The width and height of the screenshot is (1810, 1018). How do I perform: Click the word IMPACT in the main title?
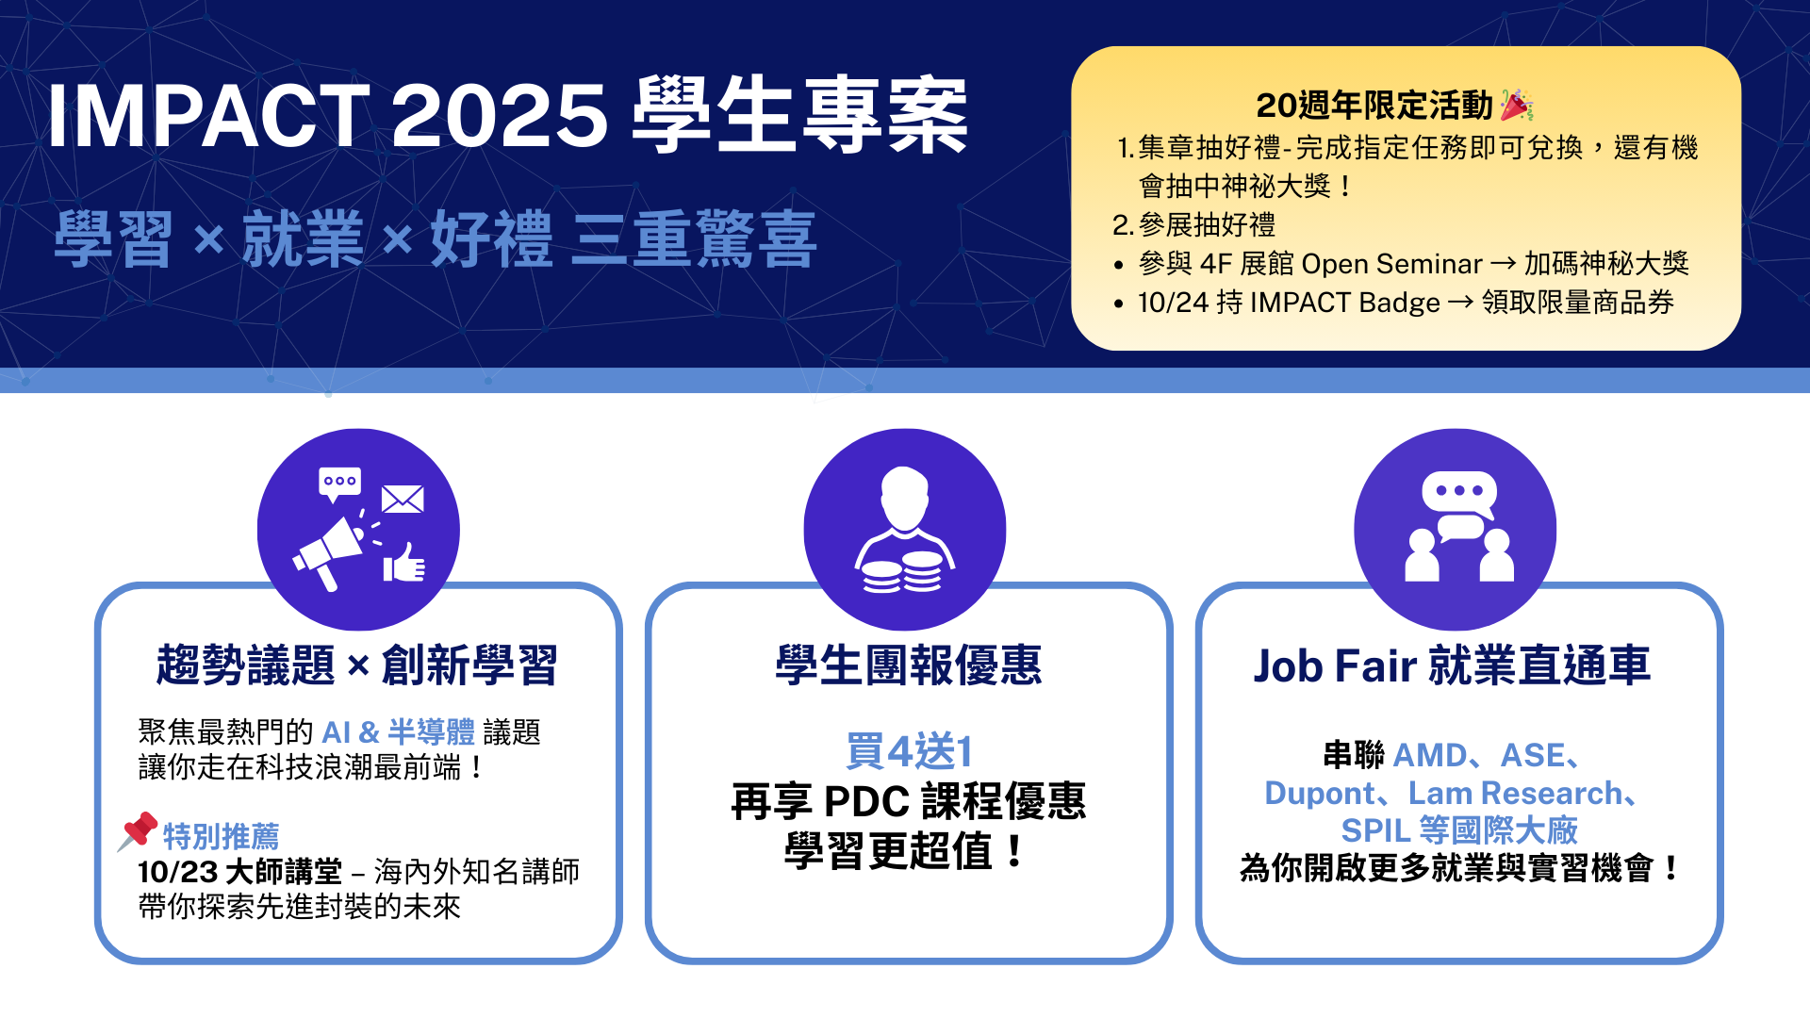[208, 116]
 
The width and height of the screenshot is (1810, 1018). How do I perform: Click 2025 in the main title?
[500, 116]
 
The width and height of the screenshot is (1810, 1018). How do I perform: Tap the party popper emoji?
[1517, 105]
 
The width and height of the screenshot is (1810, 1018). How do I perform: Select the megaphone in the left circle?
[328, 553]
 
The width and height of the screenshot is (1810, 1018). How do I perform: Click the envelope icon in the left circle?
[403, 499]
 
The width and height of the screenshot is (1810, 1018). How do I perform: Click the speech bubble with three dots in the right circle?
[1458, 493]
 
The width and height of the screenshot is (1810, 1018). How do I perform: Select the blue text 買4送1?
[909, 751]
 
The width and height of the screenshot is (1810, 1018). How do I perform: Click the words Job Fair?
[1334, 665]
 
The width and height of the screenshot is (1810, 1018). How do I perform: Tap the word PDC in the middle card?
[866, 801]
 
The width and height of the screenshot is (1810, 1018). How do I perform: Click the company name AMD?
[1430, 755]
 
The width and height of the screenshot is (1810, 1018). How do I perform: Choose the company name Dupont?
[1320, 794]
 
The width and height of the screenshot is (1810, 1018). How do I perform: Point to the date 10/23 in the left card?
[177, 871]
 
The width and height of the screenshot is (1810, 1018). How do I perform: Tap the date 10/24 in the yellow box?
[1173, 303]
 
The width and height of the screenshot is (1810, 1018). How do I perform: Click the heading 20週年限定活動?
[1374, 106]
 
